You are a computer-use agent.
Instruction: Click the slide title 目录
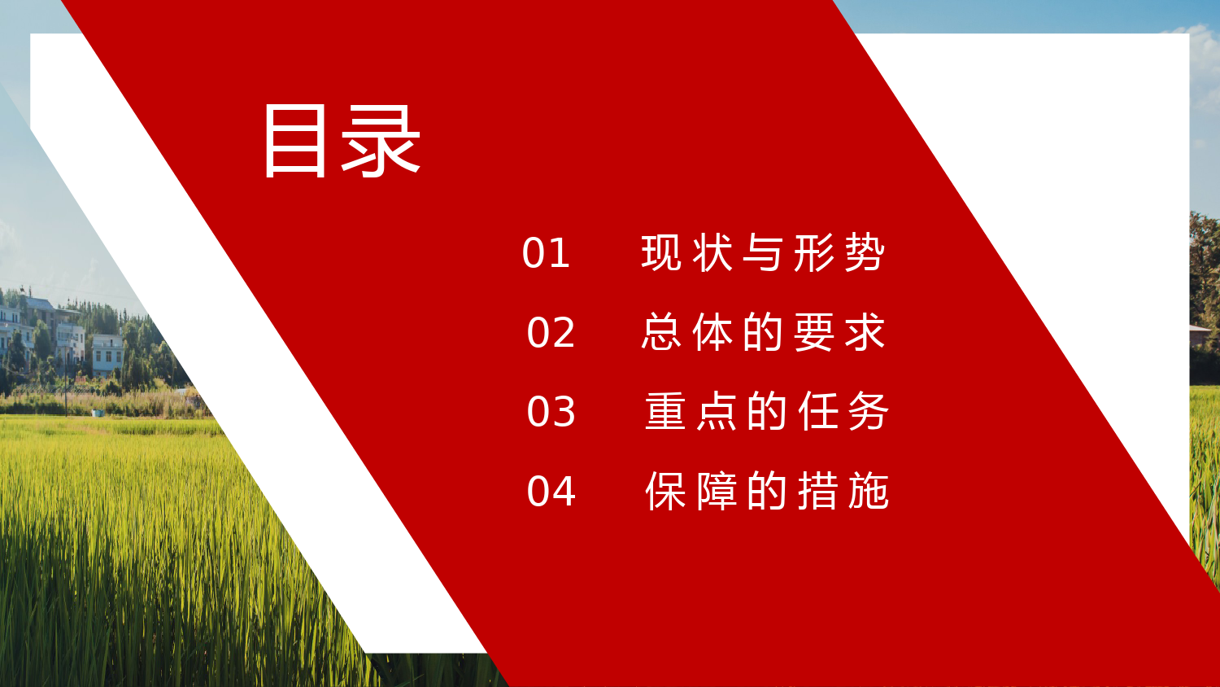[342, 141]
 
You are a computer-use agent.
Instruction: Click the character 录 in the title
[381, 141]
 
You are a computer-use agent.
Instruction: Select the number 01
[546, 253]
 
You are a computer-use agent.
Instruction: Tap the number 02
[551, 333]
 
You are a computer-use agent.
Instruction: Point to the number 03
[551, 412]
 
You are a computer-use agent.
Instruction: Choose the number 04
[551, 492]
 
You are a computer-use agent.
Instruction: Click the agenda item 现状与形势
[763, 253]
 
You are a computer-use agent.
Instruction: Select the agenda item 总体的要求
[764, 332]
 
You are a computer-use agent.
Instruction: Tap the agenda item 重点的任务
[767, 411]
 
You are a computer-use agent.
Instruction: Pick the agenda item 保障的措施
[767, 491]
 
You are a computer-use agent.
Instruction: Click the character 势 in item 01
[865, 253]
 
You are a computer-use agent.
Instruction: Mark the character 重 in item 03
[665, 411]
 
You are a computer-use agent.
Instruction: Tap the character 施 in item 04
[869, 491]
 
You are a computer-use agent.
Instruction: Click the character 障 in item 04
[717, 491]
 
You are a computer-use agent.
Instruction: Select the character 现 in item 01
[660, 253]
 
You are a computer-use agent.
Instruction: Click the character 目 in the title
[295, 141]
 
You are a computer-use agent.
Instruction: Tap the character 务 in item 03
[869, 411]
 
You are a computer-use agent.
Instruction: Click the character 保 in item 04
[665, 491]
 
